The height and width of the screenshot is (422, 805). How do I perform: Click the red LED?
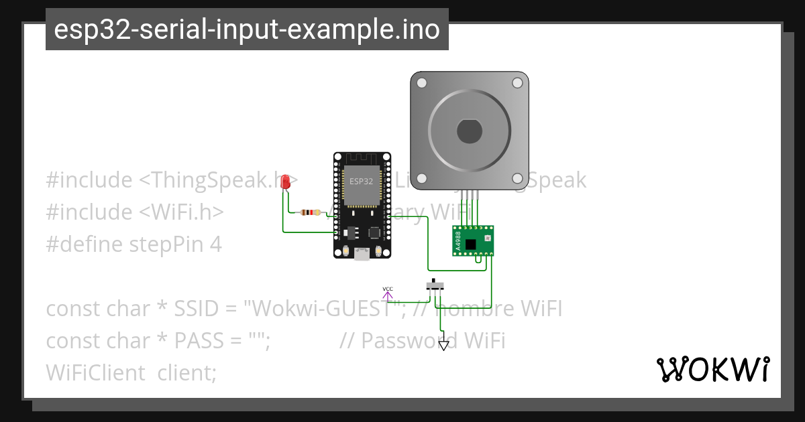pyautogui.click(x=285, y=182)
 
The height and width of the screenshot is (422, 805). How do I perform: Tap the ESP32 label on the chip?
pyautogui.click(x=361, y=182)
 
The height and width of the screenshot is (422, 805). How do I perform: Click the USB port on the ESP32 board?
pyautogui.click(x=362, y=254)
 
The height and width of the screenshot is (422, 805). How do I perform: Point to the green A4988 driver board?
pyautogui.click(x=473, y=240)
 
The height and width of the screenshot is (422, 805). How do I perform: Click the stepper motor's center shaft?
pyautogui.click(x=470, y=131)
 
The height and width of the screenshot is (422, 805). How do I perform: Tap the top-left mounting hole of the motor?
pyautogui.click(x=421, y=83)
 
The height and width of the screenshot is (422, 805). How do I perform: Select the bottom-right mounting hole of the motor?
pyautogui.click(x=517, y=179)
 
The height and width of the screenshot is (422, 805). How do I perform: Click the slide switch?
pyautogui.click(x=435, y=285)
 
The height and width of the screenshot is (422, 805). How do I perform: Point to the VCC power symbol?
pyautogui.click(x=388, y=292)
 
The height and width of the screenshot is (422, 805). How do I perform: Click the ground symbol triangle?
pyautogui.click(x=443, y=345)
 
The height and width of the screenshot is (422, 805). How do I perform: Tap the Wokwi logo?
pyautogui.click(x=712, y=369)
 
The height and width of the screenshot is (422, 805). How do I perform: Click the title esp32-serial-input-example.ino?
pyautogui.click(x=247, y=30)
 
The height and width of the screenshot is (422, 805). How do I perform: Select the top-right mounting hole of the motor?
pyautogui.click(x=517, y=83)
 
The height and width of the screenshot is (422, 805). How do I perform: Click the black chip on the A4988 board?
pyautogui.click(x=471, y=244)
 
